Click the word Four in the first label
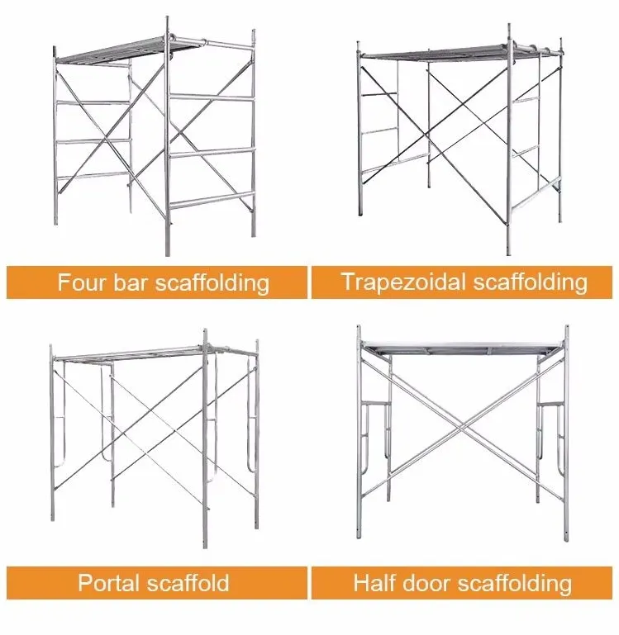coord(82,282)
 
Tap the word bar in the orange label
coord(129,282)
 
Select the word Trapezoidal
coord(403,282)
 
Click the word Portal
coord(108,583)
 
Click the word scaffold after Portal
coord(188,583)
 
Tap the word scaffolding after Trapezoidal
coord(531,282)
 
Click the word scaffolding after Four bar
coord(212,282)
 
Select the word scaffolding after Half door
coord(515,584)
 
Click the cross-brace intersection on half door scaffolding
coord(462,426)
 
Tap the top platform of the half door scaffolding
coord(462,348)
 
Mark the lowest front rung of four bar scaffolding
coord(212,201)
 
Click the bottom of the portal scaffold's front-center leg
coord(205,546)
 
